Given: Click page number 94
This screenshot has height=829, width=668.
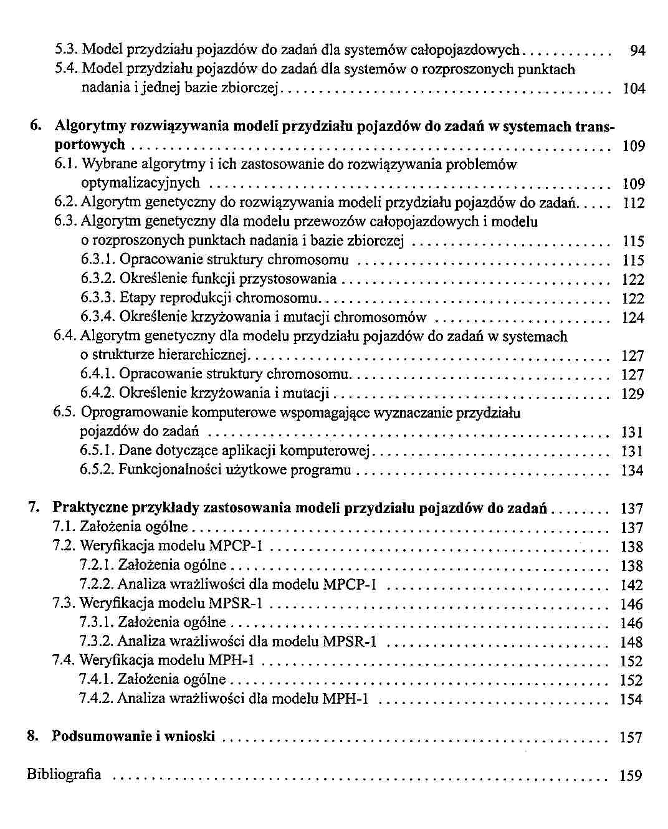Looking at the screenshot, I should pyautogui.click(x=637, y=50).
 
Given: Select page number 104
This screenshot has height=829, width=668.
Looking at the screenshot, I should pyautogui.click(x=634, y=89).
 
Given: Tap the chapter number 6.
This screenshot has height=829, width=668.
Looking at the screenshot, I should pyautogui.click(x=36, y=127).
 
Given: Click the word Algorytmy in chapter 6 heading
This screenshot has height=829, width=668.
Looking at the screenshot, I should pyautogui.click(x=90, y=127).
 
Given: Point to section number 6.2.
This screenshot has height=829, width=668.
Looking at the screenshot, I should pyautogui.click(x=65, y=203).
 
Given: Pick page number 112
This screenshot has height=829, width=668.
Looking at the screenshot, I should pyautogui.click(x=634, y=203).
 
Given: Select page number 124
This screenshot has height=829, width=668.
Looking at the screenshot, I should pyautogui.click(x=633, y=318).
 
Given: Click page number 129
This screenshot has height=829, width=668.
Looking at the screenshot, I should pyautogui.click(x=632, y=394).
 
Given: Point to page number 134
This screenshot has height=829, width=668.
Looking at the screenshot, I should pyautogui.click(x=632, y=471).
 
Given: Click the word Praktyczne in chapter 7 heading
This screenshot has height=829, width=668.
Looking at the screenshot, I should pyautogui.click(x=92, y=508).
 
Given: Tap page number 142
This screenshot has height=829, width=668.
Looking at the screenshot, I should pyautogui.click(x=632, y=585).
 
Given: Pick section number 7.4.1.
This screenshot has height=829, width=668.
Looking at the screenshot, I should pyautogui.click(x=97, y=679).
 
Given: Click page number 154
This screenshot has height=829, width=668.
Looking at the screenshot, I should pyautogui.click(x=631, y=699).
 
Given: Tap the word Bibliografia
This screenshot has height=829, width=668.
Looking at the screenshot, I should pyautogui.click(x=64, y=775).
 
